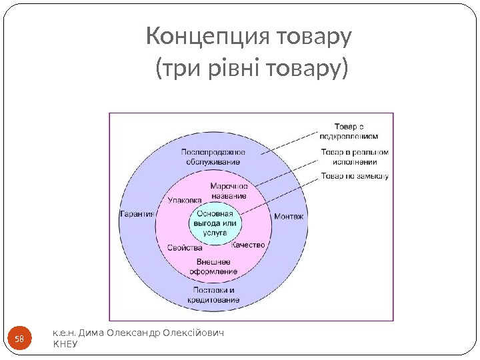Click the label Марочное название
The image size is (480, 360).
(x=229, y=191)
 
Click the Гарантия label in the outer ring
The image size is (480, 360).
(x=137, y=214)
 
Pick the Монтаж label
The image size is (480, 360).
(x=289, y=217)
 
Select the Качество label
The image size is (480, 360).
(x=249, y=245)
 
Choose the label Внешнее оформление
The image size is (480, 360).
(x=214, y=267)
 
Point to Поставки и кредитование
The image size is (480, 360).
(x=214, y=295)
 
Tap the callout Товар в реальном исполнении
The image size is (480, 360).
(x=354, y=157)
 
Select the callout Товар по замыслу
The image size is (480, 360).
(x=355, y=177)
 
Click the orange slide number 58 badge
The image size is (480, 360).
(x=19, y=340)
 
